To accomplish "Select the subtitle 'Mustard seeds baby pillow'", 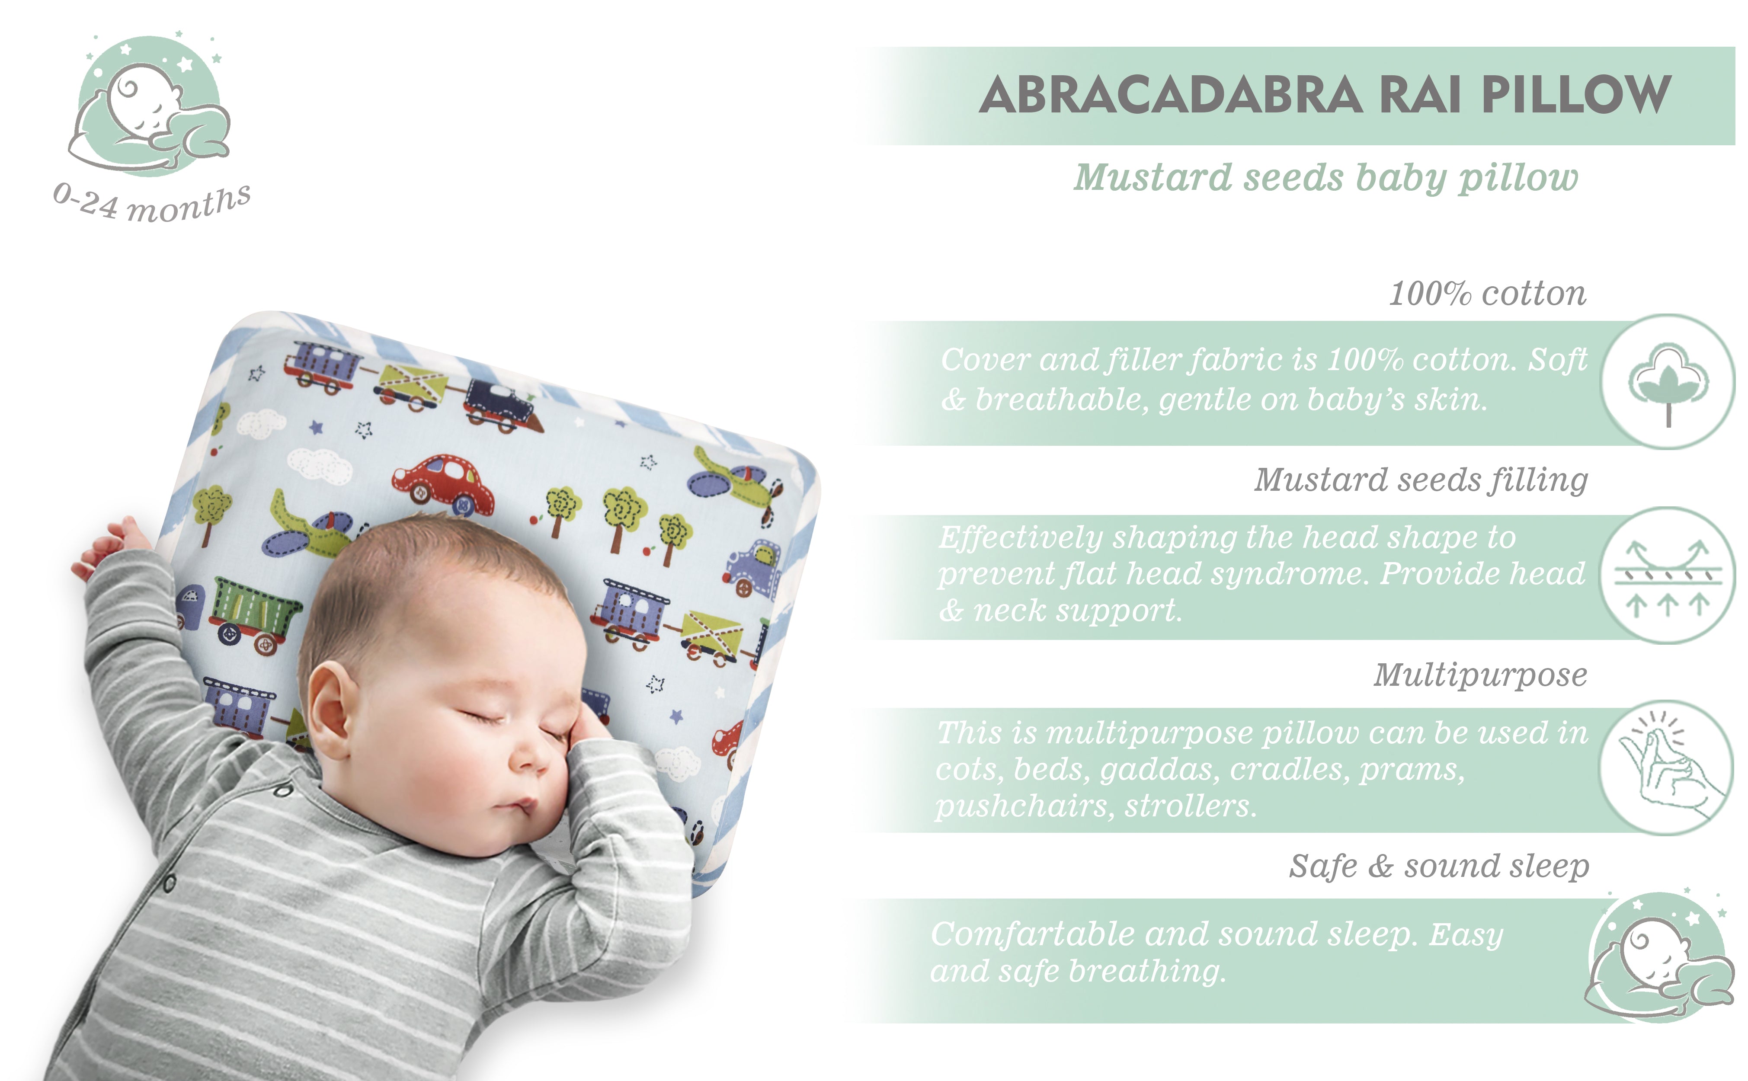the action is [1326, 178].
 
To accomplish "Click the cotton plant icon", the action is [1668, 383].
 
